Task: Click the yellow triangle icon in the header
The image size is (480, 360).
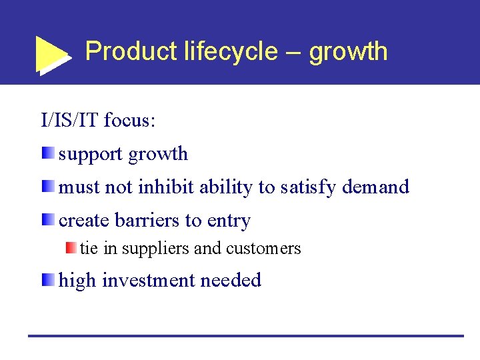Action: coord(51,53)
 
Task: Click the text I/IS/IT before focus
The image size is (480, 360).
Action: coord(70,121)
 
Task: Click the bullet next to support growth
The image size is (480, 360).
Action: coord(47,153)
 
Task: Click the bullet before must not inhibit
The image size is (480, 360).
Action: coord(47,187)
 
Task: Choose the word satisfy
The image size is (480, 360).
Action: coord(308,188)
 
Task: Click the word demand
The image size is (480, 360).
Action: coord(375,187)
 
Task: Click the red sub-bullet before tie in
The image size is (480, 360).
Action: coord(71,248)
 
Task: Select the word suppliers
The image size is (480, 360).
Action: coord(156,249)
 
